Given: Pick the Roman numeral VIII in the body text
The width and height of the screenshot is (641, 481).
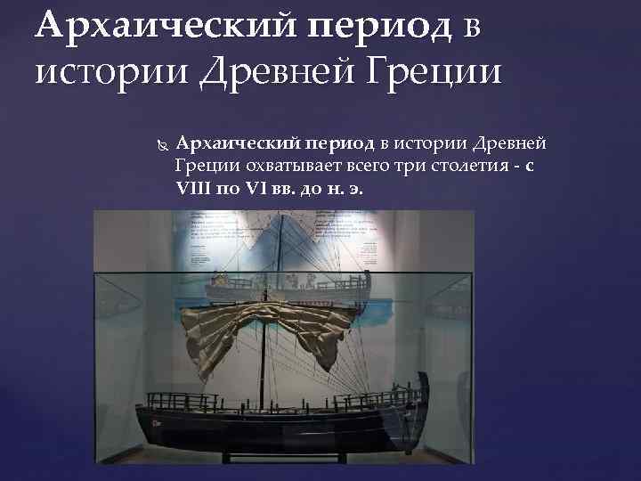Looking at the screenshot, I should click(195, 189).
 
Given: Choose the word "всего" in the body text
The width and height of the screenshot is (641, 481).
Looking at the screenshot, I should click(366, 166).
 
